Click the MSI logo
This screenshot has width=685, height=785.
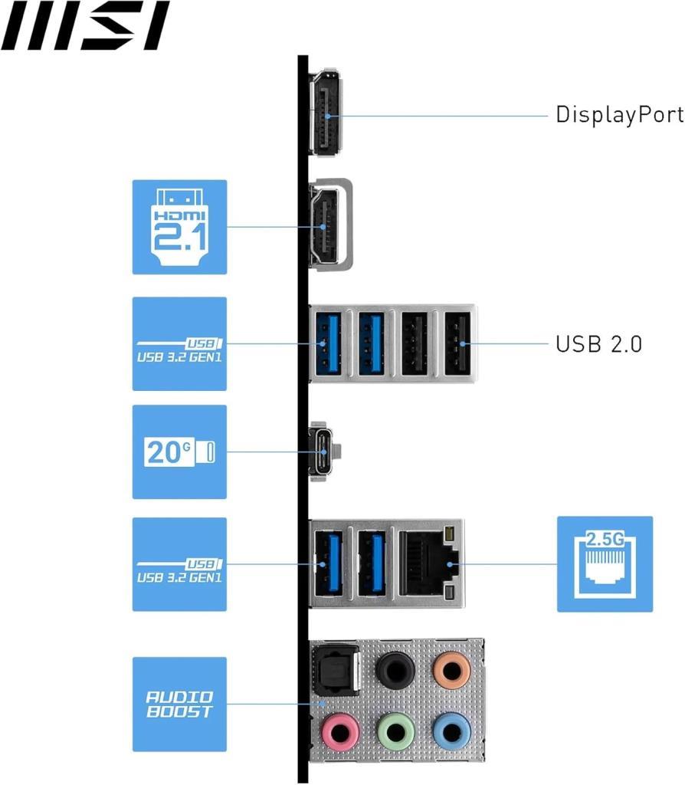click(85, 25)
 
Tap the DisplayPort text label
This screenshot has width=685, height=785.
click(619, 115)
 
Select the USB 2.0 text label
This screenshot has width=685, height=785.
click(599, 344)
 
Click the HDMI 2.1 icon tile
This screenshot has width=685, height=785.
click(179, 227)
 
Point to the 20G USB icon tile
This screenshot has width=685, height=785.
click(179, 452)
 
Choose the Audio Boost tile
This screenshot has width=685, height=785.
click(179, 704)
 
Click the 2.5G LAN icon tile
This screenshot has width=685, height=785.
click(605, 564)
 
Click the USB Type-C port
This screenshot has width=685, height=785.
click(324, 452)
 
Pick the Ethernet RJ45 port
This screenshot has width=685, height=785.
click(429, 563)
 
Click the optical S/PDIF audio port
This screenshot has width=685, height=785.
click(336, 670)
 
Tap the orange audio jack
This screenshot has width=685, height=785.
click(451, 669)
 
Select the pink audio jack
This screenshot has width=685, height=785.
click(340, 732)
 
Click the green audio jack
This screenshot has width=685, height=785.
click(396, 732)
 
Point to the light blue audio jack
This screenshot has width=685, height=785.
click(451, 732)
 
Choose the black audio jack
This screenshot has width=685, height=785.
click(396, 669)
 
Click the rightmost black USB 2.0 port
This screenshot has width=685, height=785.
click(457, 343)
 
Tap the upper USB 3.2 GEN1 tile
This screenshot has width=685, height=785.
click(179, 344)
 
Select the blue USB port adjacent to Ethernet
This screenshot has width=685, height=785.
click(372, 563)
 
